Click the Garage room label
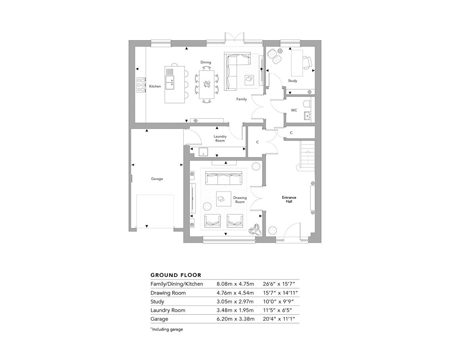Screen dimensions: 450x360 pos(157,178)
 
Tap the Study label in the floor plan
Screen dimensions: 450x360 pos(292,81)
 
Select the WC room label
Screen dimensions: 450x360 pos(294,110)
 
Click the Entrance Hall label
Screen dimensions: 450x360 pos(289,200)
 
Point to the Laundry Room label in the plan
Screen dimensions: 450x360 pos(220,138)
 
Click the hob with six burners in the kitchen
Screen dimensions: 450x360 pos(141,85)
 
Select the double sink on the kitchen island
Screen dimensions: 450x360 pos(170,81)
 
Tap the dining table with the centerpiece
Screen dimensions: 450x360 pos(206,84)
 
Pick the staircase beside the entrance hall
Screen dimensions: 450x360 pos(307,155)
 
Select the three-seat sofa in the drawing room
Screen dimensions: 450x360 pos(223,178)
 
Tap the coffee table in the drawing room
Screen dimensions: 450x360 pos(223,199)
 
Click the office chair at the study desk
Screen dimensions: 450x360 pos(307,63)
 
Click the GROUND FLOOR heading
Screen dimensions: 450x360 pos(176,275)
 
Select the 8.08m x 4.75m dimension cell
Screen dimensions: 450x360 pos(235,284)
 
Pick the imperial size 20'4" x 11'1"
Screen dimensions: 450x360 pos(279,319)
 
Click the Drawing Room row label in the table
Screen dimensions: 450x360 pos(168,293)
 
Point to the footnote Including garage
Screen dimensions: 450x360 pos(167,329)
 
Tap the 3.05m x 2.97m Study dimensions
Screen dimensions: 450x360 pos(235,301)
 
